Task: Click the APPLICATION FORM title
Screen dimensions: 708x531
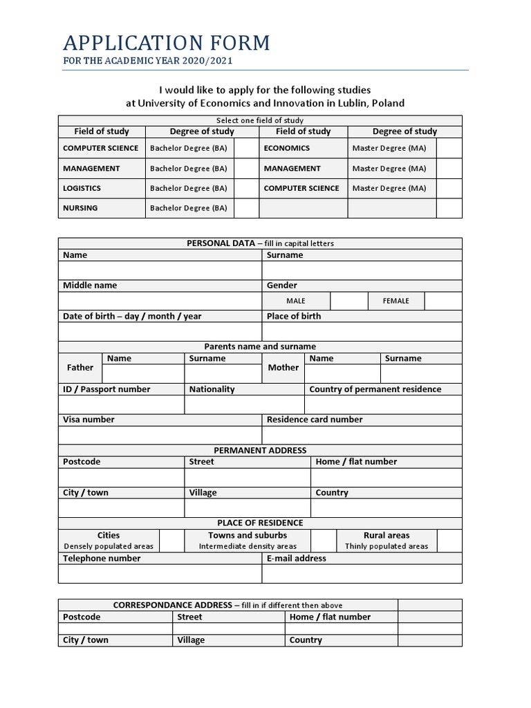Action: (166, 43)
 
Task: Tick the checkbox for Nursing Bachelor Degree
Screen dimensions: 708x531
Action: (245, 208)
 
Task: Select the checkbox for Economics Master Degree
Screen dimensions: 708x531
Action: (449, 148)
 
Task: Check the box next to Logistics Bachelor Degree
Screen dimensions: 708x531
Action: (245, 188)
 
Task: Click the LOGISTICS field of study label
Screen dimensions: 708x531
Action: (82, 188)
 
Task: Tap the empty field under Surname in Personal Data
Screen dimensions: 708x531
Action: (362, 270)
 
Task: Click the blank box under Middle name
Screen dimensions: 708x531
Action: (160, 301)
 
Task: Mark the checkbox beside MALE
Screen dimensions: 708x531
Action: (348, 301)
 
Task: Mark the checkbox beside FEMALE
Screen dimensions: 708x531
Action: (443, 301)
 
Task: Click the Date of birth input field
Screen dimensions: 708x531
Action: (160, 331)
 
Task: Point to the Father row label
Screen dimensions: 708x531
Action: (80, 368)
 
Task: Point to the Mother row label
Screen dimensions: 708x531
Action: (283, 368)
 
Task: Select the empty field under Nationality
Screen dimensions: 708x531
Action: (244, 404)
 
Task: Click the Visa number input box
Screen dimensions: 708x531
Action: (160, 435)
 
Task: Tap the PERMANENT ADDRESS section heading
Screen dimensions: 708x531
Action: (260, 450)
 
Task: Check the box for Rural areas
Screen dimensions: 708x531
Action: (449, 541)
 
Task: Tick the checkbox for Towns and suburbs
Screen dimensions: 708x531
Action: (323, 541)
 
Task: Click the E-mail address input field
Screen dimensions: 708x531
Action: (362, 574)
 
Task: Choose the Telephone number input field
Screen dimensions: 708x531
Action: (160, 574)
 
